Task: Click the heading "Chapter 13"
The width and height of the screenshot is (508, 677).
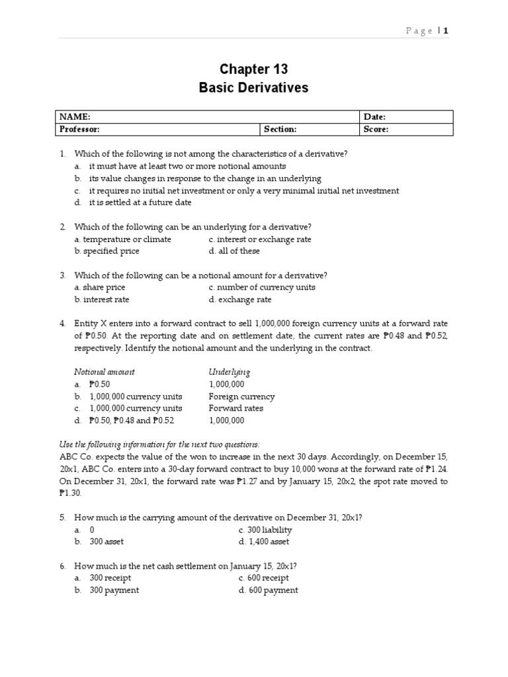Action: pyautogui.click(x=253, y=69)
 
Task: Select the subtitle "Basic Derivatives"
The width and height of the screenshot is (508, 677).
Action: pyautogui.click(x=253, y=88)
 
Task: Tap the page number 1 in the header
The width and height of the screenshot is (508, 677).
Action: pyautogui.click(x=446, y=30)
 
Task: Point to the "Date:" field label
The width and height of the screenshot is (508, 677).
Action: pyautogui.click(x=374, y=117)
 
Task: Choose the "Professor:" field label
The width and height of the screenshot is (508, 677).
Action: pyautogui.click(x=79, y=130)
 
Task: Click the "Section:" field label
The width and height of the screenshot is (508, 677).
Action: pyautogui.click(x=280, y=130)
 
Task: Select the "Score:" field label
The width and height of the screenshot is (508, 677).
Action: pyautogui.click(x=376, y=130)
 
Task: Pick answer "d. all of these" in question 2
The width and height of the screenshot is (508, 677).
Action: pyautogui.click(x=234, y=251)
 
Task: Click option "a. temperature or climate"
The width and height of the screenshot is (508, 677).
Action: pyautogui.click(x=122, y=239)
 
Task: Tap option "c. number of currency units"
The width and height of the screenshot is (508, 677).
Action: pyautogui.click(x=261, y=288)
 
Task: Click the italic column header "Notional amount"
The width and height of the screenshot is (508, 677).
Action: pyautogui.click(x=104, y=372)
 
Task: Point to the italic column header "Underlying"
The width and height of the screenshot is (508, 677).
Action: pyautogui.click(x=229, y=372)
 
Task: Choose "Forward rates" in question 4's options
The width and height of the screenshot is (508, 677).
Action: pyautogui.click(x=235, y=408)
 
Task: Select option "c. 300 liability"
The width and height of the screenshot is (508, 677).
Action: pyautogui.click(x=265, y=530)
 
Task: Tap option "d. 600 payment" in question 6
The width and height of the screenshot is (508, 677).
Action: pyautogui.click(x=268, y=590)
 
